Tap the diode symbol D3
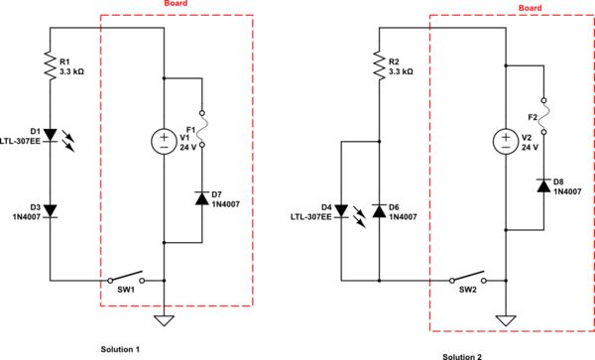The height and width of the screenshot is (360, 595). point(51,209)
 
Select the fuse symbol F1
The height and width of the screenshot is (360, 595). point(201,127)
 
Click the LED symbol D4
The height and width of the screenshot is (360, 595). point(341,210)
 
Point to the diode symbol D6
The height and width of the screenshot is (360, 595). point(379,210)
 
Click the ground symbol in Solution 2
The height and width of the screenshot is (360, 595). point(505,320)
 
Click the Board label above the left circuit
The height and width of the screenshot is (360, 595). point(176,4)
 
